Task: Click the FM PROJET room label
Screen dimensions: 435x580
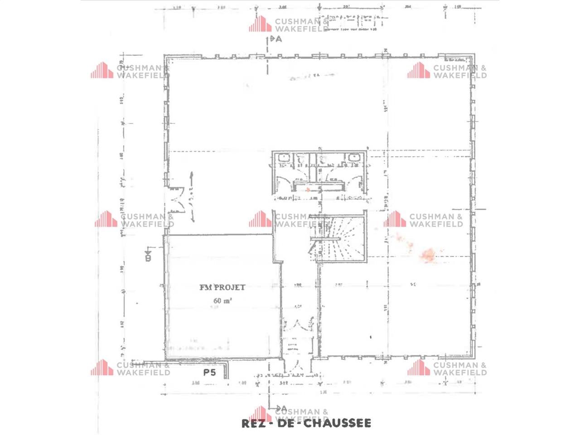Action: tap(222, 287)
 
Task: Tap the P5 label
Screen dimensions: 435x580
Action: tap(209, 373)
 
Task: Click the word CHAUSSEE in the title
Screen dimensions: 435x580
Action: tap(337, 424)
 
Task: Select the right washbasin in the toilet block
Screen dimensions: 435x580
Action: tap(353, 158)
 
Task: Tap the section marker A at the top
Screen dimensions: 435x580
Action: tap(276, 39)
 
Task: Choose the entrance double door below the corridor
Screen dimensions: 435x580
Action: tap(297, 325)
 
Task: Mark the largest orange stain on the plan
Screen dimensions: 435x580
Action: tap(428, 255)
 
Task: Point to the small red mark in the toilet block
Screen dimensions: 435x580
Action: tap(308, 190)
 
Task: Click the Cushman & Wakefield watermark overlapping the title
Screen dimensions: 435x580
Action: tap(290, 415)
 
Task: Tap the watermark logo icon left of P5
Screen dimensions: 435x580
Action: tap(101, 367)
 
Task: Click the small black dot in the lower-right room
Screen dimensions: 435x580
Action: tap(371, 337)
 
